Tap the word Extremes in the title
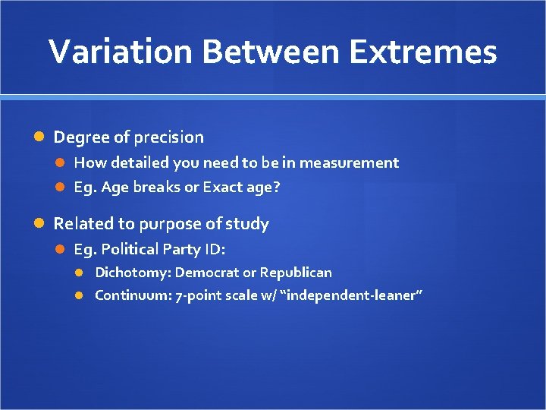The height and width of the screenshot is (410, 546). pyautogui.click(x=431, y=52)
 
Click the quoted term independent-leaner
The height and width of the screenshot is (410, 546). pyautogui.click(x=351, y=295)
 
